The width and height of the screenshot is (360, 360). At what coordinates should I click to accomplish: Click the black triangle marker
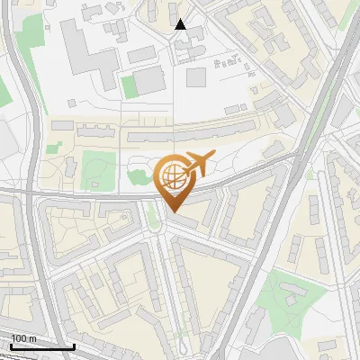181,24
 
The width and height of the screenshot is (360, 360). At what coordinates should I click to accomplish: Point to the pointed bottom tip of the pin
172,210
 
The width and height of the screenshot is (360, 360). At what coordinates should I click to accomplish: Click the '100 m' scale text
23,338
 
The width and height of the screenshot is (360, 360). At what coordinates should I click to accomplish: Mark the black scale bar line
42,346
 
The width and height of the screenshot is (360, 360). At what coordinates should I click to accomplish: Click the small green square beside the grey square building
129,86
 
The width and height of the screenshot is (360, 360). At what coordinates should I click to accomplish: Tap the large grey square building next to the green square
150,79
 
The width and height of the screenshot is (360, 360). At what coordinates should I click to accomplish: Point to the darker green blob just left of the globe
142,175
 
